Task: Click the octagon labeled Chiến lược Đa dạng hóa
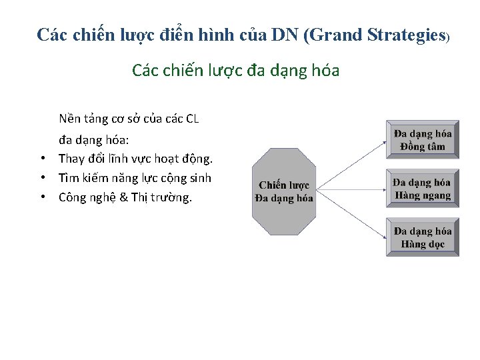point(285,191)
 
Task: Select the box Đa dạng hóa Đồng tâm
point(423,139)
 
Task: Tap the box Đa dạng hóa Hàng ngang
point(423,189)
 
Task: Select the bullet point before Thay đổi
point(42,159)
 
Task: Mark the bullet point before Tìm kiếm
point(42,178)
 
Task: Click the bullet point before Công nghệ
point(42,197)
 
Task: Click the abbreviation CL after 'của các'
point(191,119)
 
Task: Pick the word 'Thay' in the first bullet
point(71,159)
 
